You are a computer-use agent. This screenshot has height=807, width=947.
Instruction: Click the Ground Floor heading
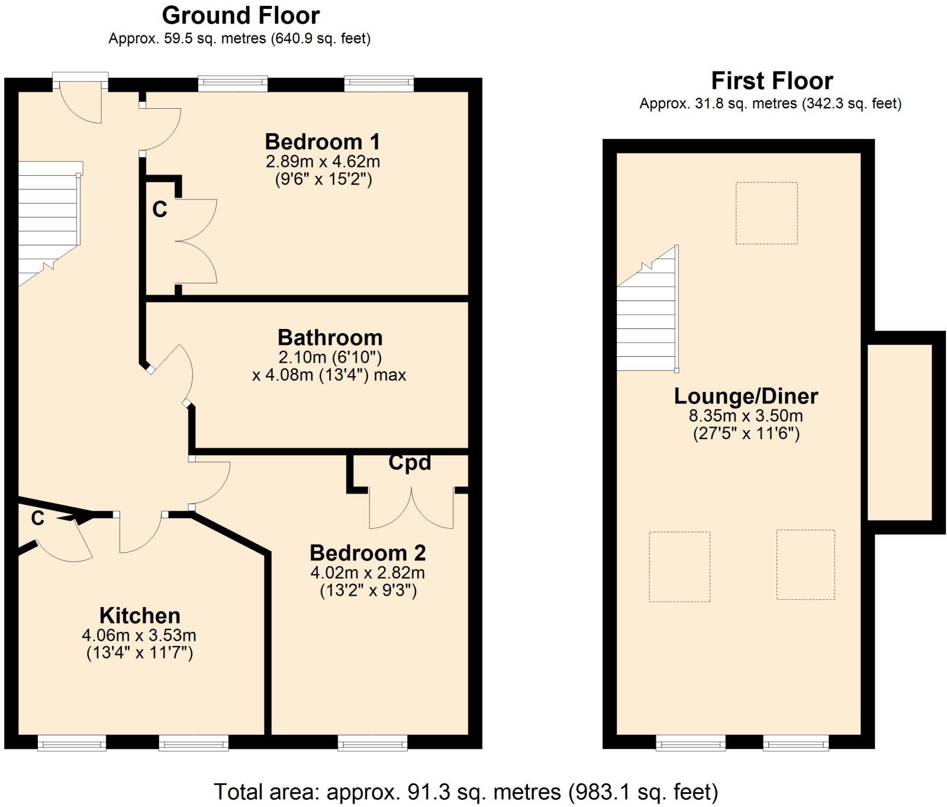tap(240, 15)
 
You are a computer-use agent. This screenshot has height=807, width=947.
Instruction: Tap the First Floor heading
tap(771, 80)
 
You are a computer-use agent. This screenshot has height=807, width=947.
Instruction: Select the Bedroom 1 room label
tap(322, 142)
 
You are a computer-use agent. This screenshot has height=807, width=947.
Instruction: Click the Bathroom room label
tap(330, 338)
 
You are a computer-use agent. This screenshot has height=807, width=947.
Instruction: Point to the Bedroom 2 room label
tap(368, 553)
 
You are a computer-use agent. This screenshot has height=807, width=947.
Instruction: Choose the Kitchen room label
tap(140, 616)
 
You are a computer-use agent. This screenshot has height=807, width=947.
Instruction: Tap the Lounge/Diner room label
tap(746, 396)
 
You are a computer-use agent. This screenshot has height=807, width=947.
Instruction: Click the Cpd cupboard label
tap(410, 463)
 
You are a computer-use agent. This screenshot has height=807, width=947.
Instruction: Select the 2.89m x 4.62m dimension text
tap(323, 162)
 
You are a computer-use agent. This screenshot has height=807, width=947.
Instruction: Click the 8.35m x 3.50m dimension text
tap(746, 415)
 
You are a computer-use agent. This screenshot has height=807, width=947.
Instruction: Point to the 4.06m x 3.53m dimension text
tap(139, 635)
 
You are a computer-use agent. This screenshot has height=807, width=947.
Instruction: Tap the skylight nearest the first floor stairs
tap(766, 213)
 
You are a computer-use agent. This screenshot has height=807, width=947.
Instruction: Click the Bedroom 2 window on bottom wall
tap(372, 742)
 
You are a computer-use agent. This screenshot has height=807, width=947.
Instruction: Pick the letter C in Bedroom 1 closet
tap(160, 209)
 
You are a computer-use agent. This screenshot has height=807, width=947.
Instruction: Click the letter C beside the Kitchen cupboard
tap(38, 518)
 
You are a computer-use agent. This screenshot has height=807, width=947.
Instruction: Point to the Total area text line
tap(465, 792)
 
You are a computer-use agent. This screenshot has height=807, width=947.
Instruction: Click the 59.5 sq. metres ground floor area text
tap(239, 39)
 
